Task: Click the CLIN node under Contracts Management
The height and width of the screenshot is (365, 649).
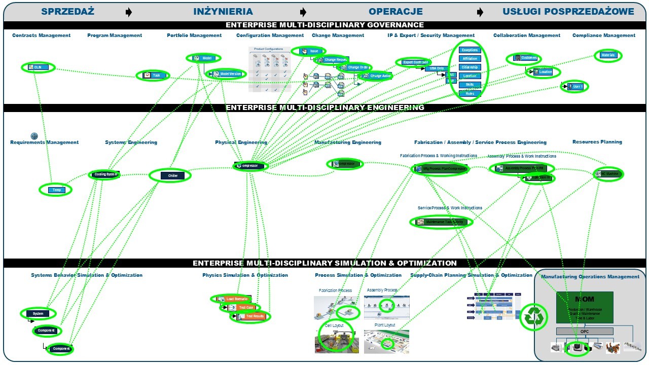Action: (38, 67)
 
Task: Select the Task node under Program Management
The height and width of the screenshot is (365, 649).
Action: (153, 75)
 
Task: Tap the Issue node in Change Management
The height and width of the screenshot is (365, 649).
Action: (309, 51)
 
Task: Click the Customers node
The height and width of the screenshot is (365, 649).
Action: (524, 58)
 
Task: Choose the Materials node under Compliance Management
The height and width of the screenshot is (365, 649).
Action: (607, 55)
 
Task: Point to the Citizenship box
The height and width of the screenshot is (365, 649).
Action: (470, 67)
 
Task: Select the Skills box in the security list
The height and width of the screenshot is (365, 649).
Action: (470, 85)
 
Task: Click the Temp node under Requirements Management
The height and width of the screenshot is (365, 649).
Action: (56, 190)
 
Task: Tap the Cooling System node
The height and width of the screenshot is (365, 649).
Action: (105, 175)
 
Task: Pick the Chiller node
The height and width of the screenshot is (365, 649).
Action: (170, 175)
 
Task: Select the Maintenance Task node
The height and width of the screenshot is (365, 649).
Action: (441, 222)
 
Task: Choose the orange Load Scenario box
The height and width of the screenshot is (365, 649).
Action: (231, 299)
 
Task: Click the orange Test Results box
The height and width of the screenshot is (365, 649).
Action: (250, 316)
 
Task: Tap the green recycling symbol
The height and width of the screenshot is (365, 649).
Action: (534, 317)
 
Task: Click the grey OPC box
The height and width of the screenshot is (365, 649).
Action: (584, 332)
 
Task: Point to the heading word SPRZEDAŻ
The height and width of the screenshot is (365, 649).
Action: (67, 11)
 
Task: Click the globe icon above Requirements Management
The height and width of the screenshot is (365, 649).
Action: (34, 136)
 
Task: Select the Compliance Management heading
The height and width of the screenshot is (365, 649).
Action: (603, 35)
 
